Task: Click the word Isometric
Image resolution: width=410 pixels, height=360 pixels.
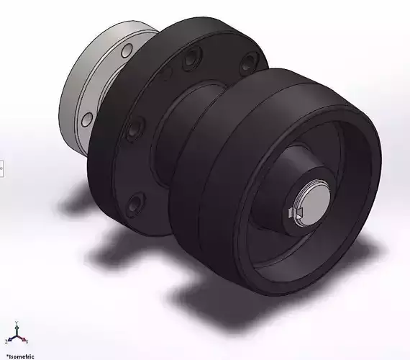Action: click(x=20, y=356)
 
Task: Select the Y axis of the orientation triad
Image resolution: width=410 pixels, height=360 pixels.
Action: click(x=17, y=328)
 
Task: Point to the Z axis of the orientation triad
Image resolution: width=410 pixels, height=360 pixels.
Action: click(x=9, y=340)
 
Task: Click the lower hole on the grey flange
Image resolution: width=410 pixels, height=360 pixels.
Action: click(x=87, y=119)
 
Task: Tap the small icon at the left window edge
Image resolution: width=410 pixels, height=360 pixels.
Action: click(x=1, y=168)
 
